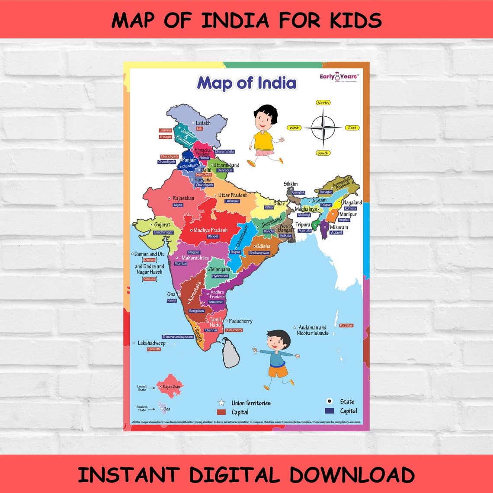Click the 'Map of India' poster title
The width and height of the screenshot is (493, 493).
246,83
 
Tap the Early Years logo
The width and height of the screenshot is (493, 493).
339,77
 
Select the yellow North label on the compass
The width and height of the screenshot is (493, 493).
323,103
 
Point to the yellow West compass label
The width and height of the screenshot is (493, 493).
294,128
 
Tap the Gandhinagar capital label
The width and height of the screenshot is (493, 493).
163,232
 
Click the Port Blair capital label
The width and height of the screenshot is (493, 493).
346,325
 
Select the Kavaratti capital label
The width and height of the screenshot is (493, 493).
154,349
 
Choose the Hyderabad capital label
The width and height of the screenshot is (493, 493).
220,276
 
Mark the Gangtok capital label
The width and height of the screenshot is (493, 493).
298,192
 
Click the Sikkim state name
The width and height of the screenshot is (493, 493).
291,184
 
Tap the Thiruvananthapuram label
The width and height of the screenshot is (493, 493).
178,336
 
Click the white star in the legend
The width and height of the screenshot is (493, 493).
221,403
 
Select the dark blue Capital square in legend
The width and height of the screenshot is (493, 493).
330,411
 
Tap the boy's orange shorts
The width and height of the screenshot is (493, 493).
278,371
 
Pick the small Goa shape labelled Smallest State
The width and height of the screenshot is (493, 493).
163,407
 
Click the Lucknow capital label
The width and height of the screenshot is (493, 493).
232,201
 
